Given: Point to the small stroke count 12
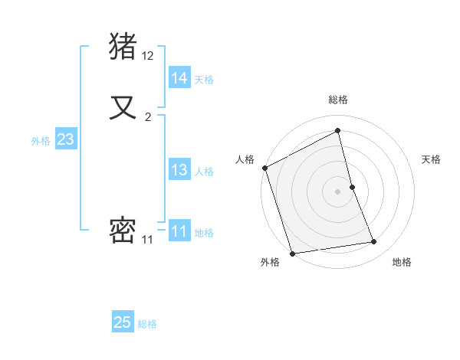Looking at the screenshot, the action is click(148, 56).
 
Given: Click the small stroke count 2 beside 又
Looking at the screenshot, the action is click(148, 117).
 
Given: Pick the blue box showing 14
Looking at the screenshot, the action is click(179, 78).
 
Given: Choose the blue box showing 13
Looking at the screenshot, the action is click(179, 170).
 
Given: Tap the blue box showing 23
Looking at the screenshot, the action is click(65, 139).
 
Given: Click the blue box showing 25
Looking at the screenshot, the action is click(123, 322).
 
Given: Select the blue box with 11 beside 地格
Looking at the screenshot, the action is click(179, 231).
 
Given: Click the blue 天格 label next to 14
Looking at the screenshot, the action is click(204, 80).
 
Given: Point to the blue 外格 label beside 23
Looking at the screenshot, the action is click(41, 141).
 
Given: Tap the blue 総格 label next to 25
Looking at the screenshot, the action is click(147, 324).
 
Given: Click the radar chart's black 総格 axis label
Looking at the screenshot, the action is click(338, 100).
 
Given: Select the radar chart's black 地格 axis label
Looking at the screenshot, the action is click(402, 262).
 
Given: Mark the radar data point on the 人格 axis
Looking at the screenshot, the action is click(264, 168).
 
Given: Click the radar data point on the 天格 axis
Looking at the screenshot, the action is click(352, 187).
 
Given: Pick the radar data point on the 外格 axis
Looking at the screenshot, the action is click(292, 253).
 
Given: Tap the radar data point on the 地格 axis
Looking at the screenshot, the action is click(374, 242).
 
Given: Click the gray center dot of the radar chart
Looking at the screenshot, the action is click(338, 191).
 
